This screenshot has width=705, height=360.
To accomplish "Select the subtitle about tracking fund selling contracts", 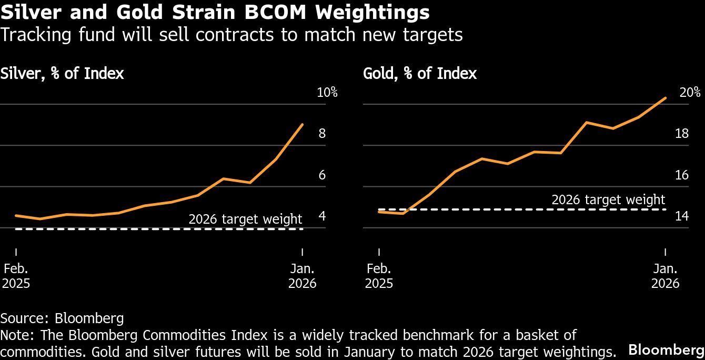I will (x=231, y=35).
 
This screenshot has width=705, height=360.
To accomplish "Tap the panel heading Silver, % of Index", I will (x=62, y=73).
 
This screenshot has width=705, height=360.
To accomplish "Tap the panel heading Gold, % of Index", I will (x=420, y=73).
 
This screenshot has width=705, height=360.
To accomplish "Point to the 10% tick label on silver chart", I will (x=327, y=93).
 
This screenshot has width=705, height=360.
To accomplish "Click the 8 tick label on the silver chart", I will (x=322, y=134).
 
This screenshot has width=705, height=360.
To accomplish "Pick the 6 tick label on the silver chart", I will (x=322, y=175).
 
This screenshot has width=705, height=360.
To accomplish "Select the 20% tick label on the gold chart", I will (x=690, y=93).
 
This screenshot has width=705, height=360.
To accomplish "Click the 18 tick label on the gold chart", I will (x=682, y=134).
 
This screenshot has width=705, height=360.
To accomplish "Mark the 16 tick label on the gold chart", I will (x=682, y=175).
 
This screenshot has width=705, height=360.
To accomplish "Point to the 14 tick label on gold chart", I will (x=682, y=216).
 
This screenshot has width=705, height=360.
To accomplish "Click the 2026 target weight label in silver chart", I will (x=245, y=219).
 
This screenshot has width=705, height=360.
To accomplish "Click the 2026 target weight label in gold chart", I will (x=608, y=200).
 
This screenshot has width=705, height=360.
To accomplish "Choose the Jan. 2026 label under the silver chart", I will (x=303, y=276).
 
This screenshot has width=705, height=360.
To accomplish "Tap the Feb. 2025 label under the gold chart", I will (x=379, y=276).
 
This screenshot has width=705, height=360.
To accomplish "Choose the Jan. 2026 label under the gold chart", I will (x=666, y=276).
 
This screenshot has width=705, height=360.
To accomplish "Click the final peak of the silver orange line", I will (x=302, y=125).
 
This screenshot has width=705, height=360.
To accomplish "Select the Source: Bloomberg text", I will (x=62, y=318).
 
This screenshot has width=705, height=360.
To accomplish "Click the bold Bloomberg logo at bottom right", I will (x=666, y=350).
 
